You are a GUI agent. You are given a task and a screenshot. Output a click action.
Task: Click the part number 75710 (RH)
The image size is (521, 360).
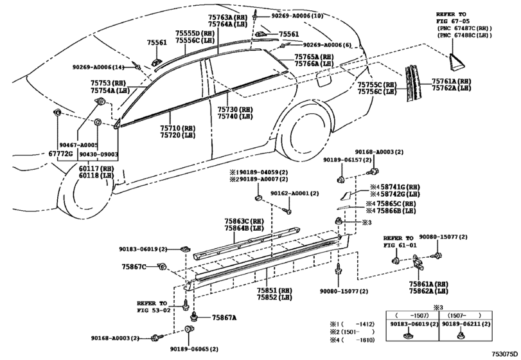[x=177, y=128]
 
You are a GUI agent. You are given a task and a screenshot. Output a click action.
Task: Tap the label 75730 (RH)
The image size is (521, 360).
[x=235, y=109]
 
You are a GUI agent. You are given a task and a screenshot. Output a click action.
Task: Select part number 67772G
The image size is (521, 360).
[x=60, y=154]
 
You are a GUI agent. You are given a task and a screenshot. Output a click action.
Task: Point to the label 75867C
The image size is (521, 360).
[x=134, y=266]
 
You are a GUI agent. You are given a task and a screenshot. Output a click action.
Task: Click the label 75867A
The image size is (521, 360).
[x=224, y=318]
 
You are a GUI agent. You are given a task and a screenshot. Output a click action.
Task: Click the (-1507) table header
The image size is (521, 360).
[x=412, y=316]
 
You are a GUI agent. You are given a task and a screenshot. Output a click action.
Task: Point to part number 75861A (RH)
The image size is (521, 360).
[x=428, y=284]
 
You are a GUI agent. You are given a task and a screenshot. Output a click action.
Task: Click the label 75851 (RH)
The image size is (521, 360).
[x=274, y=290]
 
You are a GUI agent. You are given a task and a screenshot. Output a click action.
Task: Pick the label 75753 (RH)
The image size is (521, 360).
[x=108, y=83]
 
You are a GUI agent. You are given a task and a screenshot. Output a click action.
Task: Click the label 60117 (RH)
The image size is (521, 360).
[x=96, y=168]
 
